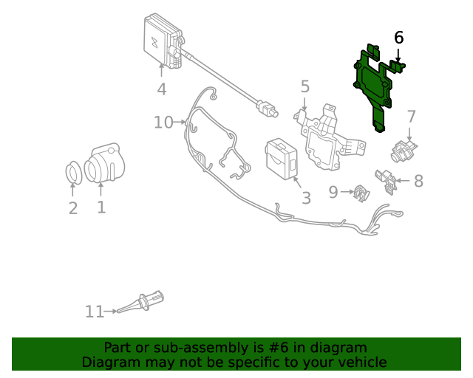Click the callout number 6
click(399, 38)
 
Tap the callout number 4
click(161, 89)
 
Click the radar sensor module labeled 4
click(163, 41)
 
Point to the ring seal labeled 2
click(73, 173)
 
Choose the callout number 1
click(101, 207)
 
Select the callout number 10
click(163, 122)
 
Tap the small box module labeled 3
click(281, 156)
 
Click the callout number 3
click(306, 198)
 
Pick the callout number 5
click(305, 87)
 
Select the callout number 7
click(412, 116)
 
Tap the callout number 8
click(418, 181)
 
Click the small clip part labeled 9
click(361, 192)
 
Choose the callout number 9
click(333, 192)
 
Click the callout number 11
click(94, 312)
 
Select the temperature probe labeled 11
click(144, 303)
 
